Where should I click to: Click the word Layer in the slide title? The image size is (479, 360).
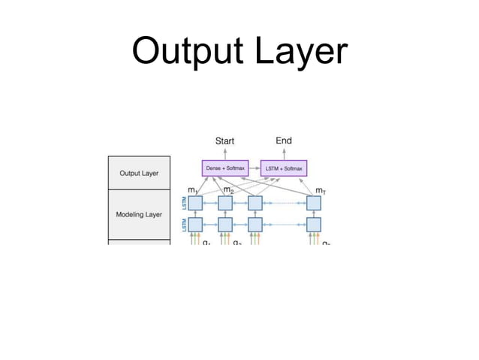(300, 52)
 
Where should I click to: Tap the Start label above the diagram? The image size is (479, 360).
(224, 141)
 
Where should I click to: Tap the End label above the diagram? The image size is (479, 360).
(284, 141)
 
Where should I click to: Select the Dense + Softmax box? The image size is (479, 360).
(224, 168)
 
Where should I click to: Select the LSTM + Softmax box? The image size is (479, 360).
(284, 168)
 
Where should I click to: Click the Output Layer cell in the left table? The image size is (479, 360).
(139, 173)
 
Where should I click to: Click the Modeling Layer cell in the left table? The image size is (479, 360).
(139, 214)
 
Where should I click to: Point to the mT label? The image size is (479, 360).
(321, 191)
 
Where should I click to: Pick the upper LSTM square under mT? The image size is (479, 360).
(313, 203)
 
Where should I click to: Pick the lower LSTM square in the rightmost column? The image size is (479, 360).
(313, 224)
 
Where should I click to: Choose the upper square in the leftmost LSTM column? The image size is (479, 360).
(195, 203)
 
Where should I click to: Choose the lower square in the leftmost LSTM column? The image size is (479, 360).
(195, 224)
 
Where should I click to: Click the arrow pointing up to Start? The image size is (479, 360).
(224, 153)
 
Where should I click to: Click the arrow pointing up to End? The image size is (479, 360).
(284, 153)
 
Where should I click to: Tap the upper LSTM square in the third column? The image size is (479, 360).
(255, 203)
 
